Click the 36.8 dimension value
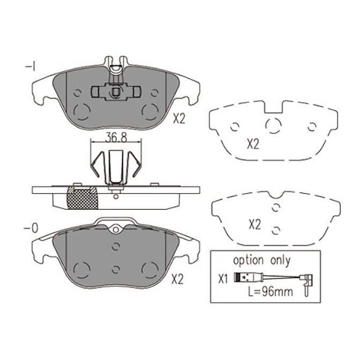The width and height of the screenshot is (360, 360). [116, 137]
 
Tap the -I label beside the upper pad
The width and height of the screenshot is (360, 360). [30, 67]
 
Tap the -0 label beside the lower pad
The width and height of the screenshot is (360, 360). [31, 228]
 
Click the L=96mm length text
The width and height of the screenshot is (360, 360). [270, 291]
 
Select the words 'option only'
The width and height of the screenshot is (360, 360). [262, 261]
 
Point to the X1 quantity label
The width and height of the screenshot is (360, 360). [223, 279]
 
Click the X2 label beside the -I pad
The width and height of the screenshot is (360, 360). [179, 119]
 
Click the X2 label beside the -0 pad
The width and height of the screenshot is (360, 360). [178, 280]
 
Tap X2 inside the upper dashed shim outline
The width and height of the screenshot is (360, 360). [253, 144]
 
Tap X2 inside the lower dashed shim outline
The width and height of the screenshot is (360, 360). [255, 225]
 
